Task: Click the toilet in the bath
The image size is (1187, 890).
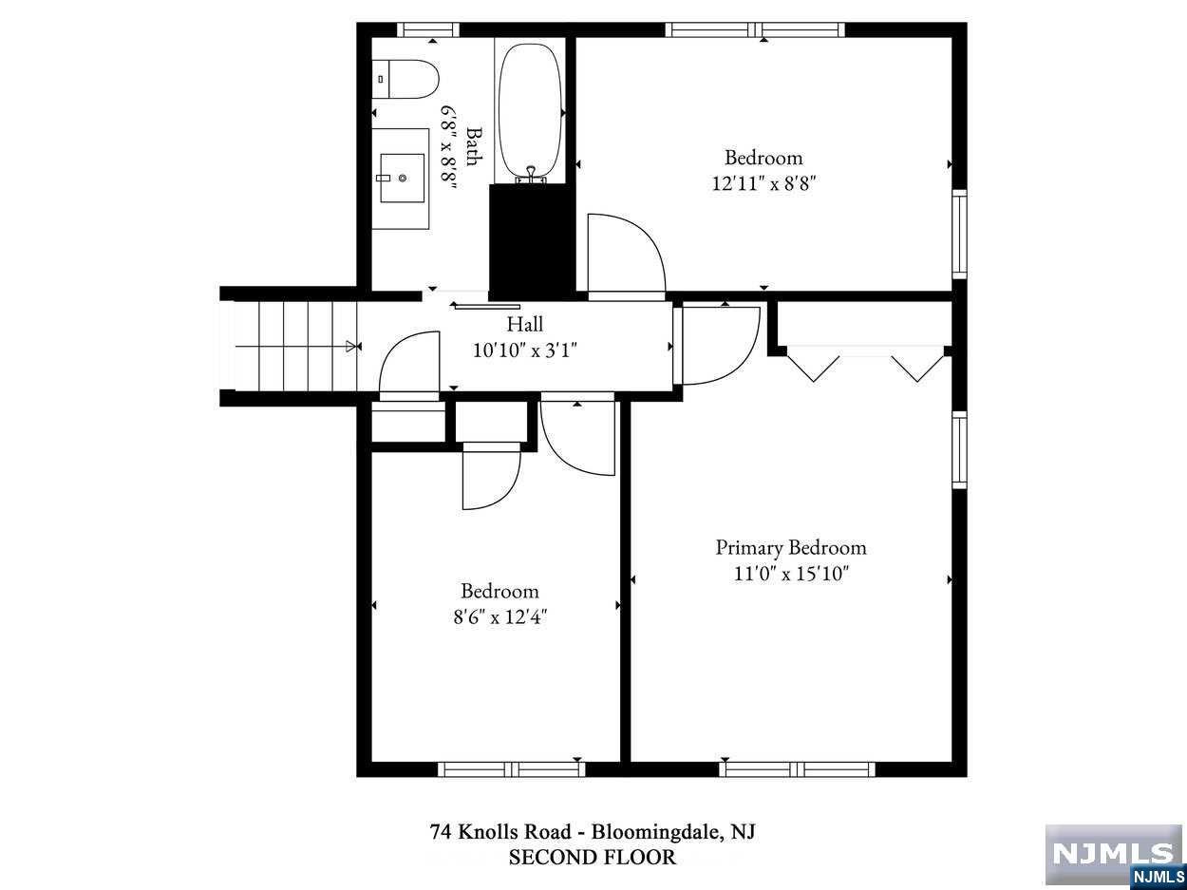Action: (405, 79)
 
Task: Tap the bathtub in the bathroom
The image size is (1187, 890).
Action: (530, 112)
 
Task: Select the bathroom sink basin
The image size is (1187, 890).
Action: (402, 178)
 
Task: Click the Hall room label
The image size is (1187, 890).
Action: (524, 325)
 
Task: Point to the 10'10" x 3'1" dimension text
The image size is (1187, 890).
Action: (525, 350)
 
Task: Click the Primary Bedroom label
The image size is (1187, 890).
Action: (791, 548)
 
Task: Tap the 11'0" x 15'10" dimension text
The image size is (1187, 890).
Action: (791, 573)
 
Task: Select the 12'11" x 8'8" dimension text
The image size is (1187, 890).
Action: (763, 184)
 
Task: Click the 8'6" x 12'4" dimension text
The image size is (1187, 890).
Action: (499, 617)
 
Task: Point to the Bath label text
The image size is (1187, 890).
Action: (474, 146)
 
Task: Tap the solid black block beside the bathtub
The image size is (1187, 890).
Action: (532, 241)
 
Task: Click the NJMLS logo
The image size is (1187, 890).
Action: (1115, 856)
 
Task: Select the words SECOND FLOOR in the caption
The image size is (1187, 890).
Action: (593, 858)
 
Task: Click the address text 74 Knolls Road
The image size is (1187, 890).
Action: (500, 832)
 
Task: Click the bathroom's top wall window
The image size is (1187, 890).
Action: (428, 29)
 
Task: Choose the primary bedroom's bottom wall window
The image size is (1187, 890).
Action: (797, 769)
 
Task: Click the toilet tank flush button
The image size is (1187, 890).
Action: (381, 79)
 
